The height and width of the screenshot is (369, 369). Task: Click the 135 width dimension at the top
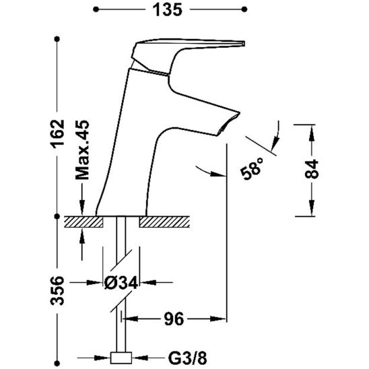tap(168, 9)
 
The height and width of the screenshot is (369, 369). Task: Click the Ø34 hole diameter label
tap(121, 283)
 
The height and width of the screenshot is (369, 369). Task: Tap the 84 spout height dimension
tap(311, 170)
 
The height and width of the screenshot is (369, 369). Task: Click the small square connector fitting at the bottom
tap(122, 356)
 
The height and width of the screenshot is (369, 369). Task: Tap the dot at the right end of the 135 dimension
tap(245, 9)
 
